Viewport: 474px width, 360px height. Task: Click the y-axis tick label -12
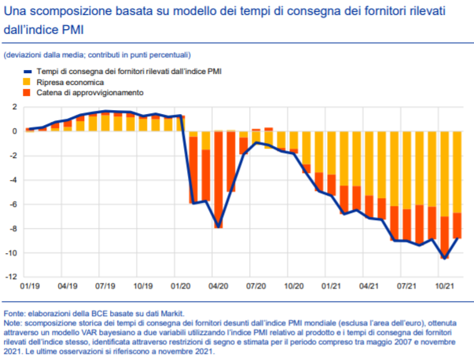click(13, 277)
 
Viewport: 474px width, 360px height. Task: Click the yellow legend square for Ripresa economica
click(27, 82)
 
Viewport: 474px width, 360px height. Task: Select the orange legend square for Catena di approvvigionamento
click(27, 93)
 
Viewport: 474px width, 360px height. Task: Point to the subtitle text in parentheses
click(97, 54)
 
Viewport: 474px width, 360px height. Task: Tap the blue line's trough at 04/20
click(218, 227)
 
